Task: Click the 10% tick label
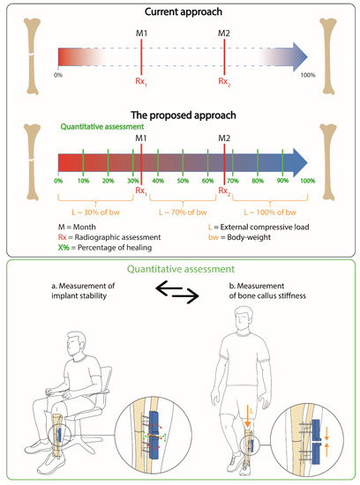pyautogui.click(x=82, y=181)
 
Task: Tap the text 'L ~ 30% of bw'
pyautogui.click(x=96, y=213)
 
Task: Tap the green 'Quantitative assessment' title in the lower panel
pyautogui.click(x=180, y=273)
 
